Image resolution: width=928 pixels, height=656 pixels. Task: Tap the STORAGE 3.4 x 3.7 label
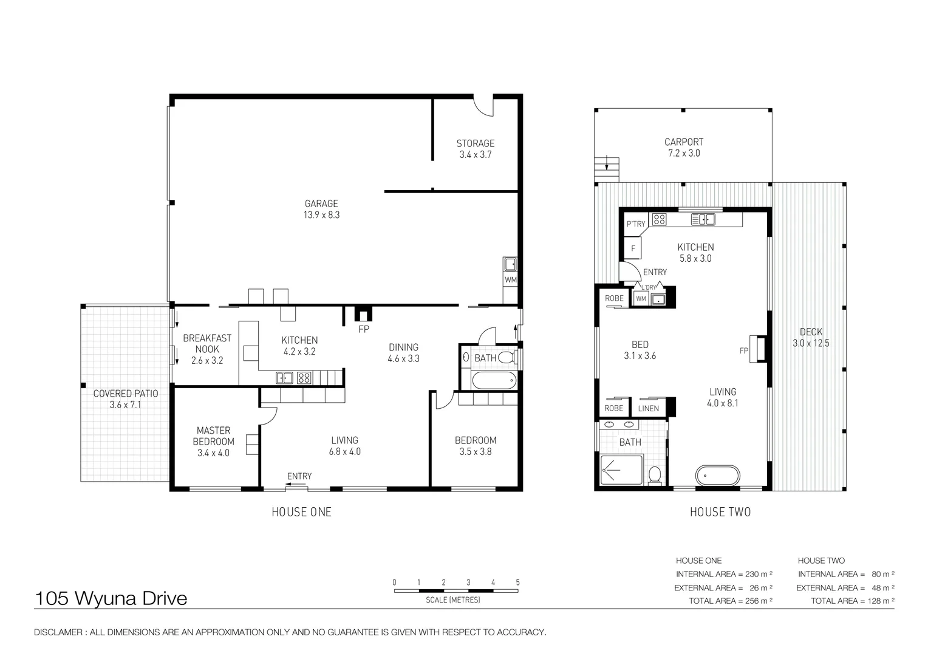coord(475,149)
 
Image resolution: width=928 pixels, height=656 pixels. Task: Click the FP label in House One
coord(364,329)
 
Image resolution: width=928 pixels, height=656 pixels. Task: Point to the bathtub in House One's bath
coord(494,380)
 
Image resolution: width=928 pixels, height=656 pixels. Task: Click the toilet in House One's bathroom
coord(507,357)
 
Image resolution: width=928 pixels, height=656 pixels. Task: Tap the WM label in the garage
coord(510,280)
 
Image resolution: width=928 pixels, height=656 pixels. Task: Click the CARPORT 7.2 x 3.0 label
coord(684,148)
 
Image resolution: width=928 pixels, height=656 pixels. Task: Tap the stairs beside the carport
coord(607,169)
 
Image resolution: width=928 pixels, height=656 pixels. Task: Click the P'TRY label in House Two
coord(635,224)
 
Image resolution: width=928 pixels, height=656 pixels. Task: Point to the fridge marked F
coord(633,248)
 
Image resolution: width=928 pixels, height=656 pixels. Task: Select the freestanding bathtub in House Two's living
coord(717,475)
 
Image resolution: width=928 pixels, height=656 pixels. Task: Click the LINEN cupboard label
coord(649,408)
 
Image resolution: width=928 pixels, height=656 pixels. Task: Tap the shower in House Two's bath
coord(621,470)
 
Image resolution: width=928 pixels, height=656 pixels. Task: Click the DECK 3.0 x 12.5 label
coord(811,337)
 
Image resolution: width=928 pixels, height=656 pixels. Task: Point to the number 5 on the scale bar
coord(517,583)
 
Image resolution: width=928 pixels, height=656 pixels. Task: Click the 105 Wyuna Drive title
coord(111,598)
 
